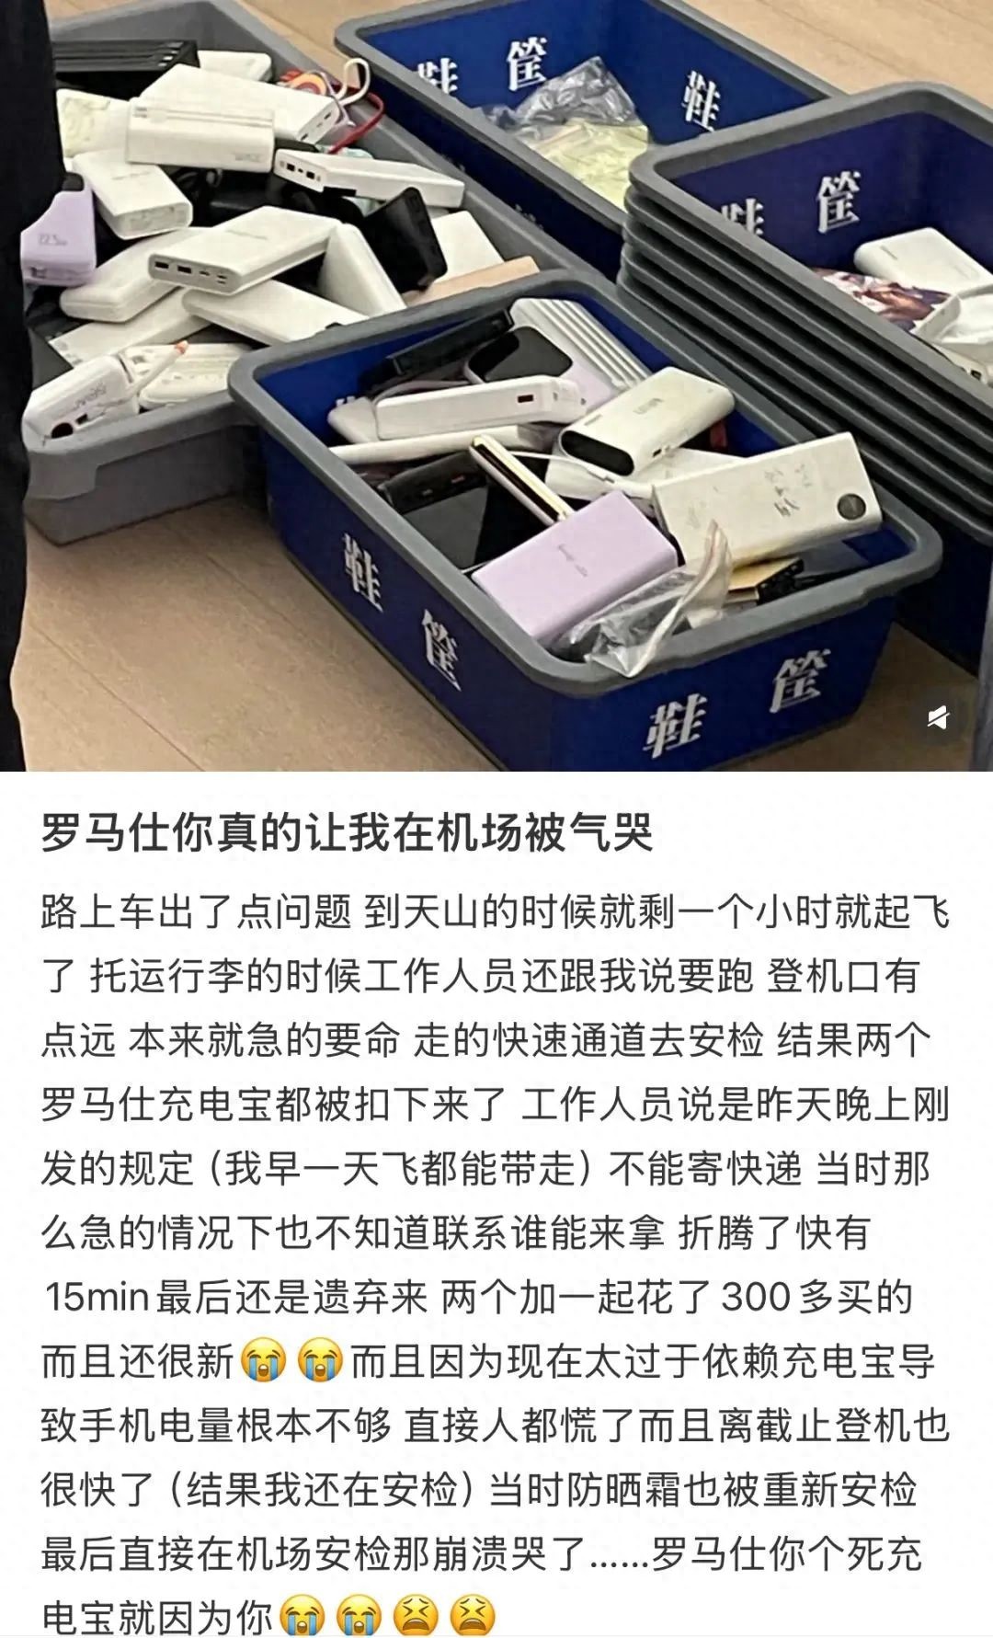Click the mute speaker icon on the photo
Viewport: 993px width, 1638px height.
pos(937,717)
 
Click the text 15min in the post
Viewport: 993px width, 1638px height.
pos(97,1297)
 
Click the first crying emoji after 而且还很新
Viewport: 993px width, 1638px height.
pos(263,1362)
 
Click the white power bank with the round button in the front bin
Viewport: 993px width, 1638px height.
pos(768,498)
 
